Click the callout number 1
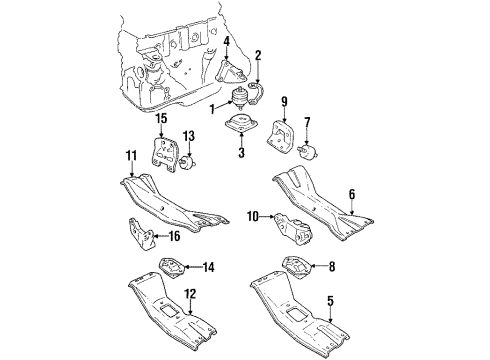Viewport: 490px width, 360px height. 212,107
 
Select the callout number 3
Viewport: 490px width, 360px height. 239,153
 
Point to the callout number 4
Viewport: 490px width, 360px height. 227,41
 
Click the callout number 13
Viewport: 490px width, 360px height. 187,137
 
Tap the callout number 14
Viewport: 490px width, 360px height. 208,266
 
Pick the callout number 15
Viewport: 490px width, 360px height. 160,121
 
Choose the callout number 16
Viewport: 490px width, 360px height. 174,238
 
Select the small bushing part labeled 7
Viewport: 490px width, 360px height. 308,150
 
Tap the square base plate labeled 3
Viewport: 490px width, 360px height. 239,128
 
